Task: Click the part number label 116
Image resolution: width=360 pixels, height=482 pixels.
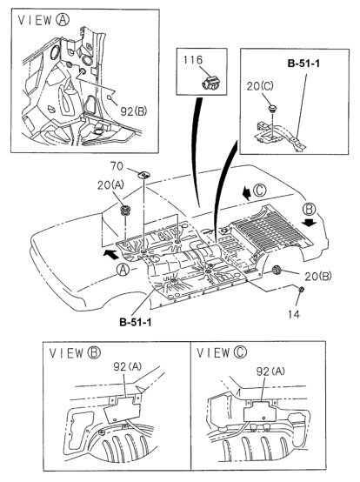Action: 193,59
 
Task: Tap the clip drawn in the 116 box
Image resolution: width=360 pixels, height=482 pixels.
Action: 212,83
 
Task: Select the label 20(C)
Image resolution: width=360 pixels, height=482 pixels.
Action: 260,86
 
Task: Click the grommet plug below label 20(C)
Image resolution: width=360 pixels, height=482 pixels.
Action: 272,108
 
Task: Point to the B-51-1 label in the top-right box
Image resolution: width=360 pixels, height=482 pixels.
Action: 303,64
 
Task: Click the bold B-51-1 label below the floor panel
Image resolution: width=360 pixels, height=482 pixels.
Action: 136,322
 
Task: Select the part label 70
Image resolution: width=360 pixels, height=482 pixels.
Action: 117,166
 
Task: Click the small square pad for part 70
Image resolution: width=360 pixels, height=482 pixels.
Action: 143,175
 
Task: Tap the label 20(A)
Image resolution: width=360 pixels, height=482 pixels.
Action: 110,185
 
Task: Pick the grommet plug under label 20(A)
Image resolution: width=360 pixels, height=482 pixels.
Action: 125,211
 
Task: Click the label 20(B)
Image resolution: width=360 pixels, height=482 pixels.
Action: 318,277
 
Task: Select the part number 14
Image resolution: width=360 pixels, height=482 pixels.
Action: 294,314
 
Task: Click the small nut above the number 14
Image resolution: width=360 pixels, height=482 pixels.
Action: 302,289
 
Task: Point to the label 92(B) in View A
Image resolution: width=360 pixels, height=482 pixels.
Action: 134,111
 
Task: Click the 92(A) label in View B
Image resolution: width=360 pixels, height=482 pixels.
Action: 127,366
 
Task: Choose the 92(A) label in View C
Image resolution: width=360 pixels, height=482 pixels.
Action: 270,372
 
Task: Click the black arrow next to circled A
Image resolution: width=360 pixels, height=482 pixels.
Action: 111,253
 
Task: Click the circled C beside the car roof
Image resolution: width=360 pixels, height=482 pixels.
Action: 260,191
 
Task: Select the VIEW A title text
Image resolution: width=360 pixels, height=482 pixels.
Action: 43,20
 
